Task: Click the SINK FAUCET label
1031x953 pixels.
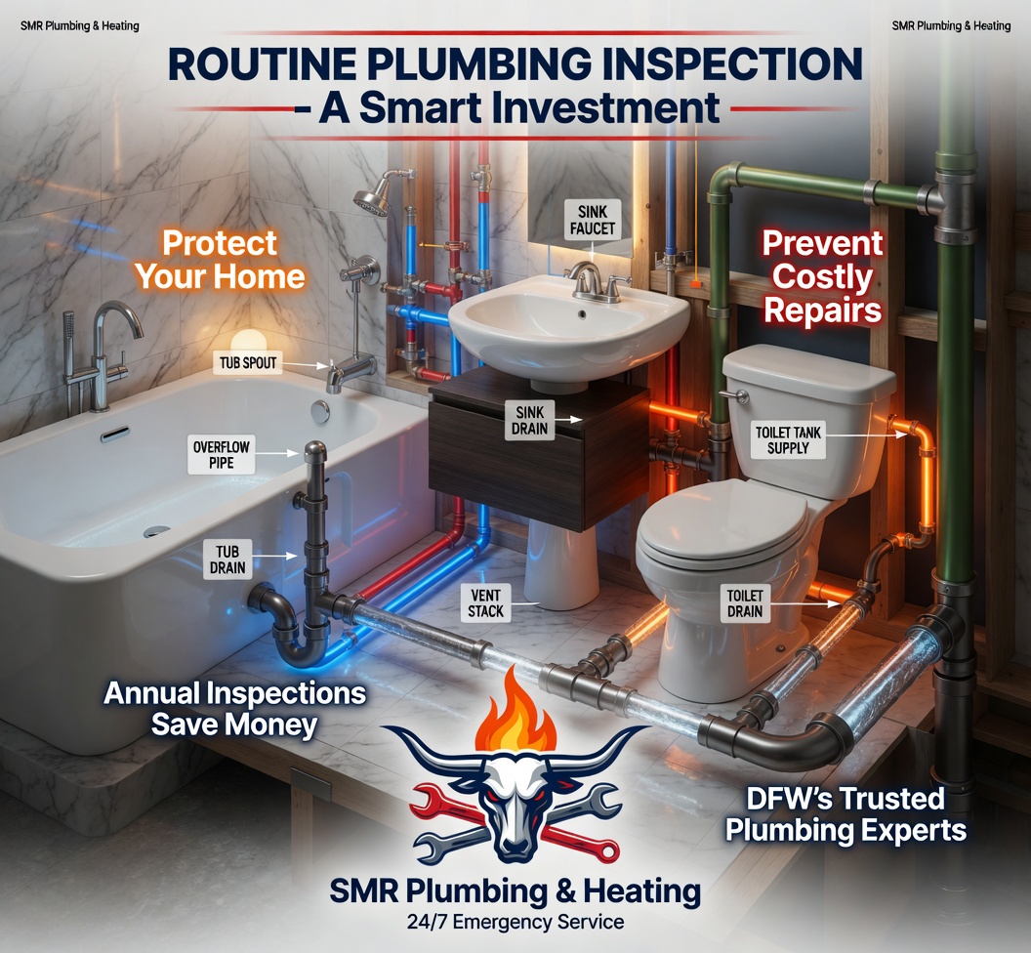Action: (593, 220)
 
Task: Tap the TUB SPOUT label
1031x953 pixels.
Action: (248, 362)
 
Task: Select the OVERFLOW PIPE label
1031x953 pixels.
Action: (221, 454)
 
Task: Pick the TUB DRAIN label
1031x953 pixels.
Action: (227, 559)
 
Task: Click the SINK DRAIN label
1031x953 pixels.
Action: (530, 420)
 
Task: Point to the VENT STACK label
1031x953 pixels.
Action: (486, 603)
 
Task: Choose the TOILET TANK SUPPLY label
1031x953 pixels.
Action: (788, 440)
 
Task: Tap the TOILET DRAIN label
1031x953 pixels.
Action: (744, 603)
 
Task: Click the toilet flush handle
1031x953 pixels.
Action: (734, 395)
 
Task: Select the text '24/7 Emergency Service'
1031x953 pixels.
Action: (515, 922)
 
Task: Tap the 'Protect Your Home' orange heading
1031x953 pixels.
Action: (220, 260)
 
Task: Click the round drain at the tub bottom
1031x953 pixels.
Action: (156, 531)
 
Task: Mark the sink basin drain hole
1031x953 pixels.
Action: (582, 314)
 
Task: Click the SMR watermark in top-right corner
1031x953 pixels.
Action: (951, 25)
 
